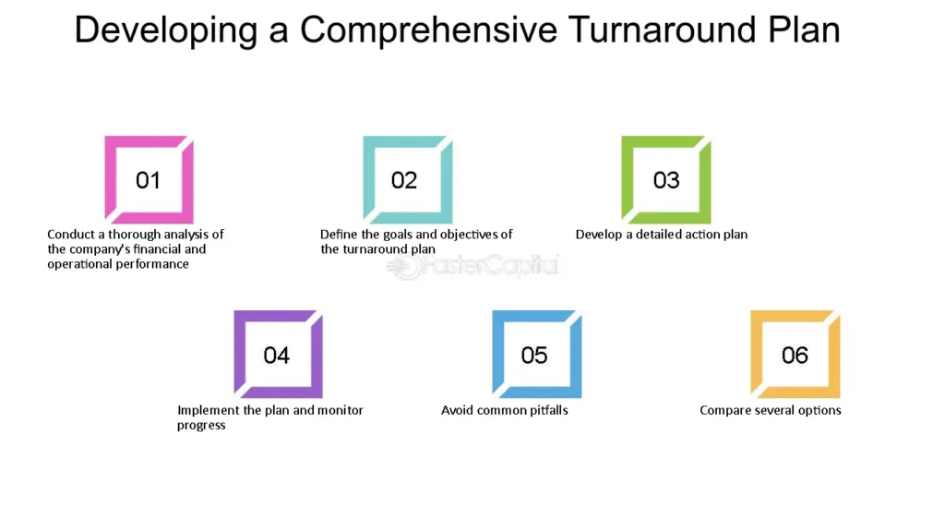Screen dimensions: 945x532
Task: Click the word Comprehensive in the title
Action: (428, 30)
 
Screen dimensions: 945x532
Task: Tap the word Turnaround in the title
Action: (663, 30)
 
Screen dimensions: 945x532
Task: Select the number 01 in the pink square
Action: (148, 180)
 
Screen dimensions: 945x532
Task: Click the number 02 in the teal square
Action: (404, 180)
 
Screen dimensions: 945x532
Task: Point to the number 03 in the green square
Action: (666, 180)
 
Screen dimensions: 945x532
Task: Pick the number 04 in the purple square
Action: (277, 356)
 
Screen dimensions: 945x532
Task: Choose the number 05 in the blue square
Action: (534, 356)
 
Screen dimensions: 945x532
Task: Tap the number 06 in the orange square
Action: (795, 356)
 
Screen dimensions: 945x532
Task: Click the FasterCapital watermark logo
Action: (473, 266)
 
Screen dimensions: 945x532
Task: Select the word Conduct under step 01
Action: (71, 234)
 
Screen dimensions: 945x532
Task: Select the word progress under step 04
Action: (201, 426)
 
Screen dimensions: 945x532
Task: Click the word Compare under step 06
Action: (724, 411)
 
